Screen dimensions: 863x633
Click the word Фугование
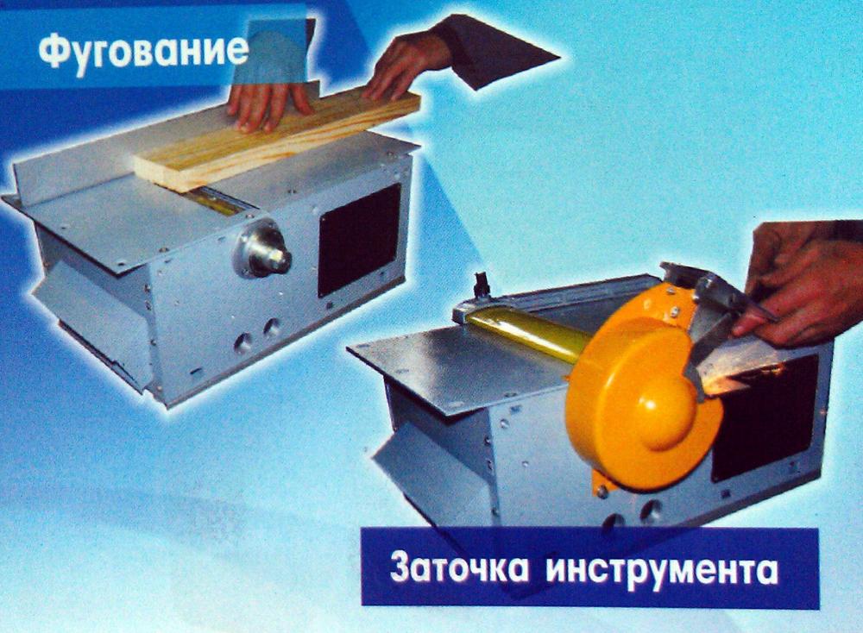(x=143, y=51)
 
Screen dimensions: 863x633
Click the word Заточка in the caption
(x=459, y=568)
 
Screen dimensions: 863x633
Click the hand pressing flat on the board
(x=269, y=104)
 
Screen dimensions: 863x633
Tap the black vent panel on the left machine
(x=359, y=238)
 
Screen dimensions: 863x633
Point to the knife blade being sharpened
(x=710, y=341)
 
